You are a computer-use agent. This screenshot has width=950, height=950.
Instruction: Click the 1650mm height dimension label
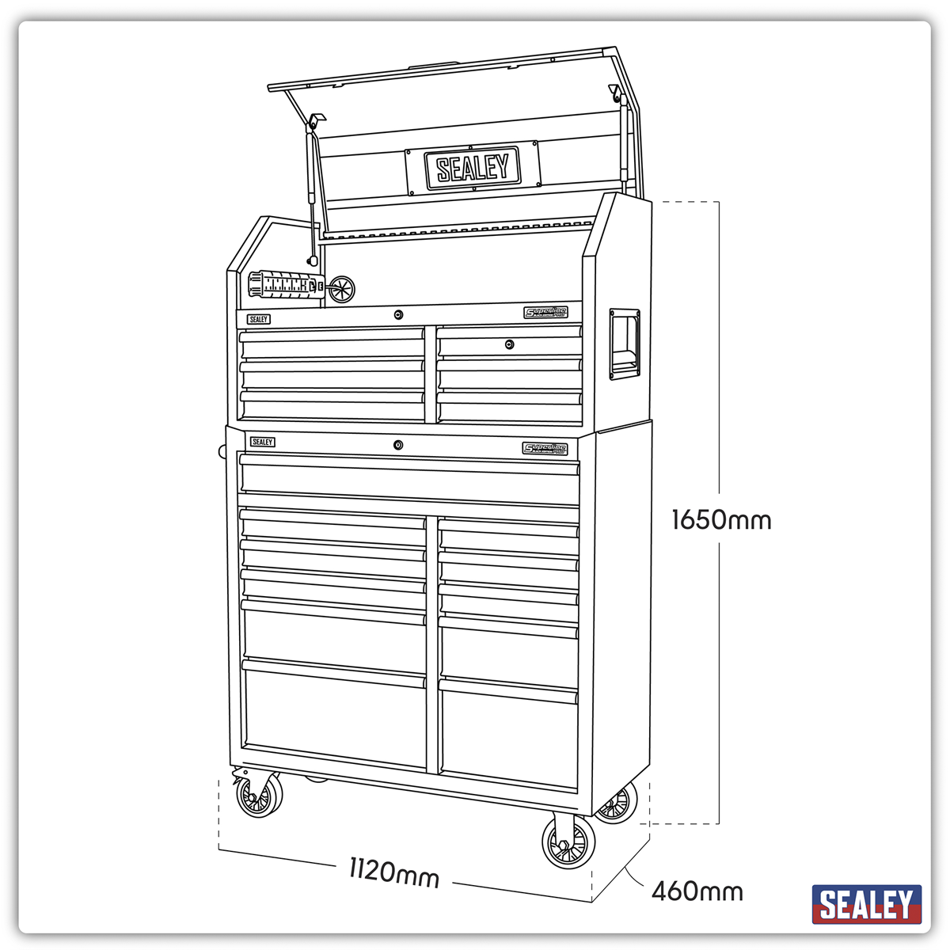720,520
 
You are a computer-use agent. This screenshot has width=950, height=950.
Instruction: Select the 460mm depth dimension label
697,891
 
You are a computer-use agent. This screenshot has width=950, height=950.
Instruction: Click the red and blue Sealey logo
867,904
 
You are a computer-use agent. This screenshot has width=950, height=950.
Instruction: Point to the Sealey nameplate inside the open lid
473,168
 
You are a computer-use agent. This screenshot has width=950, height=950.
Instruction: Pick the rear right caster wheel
616,805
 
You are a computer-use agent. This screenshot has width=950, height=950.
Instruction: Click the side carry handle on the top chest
622,344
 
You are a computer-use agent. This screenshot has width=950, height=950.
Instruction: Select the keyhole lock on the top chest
398,315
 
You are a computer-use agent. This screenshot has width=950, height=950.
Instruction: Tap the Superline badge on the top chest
545,313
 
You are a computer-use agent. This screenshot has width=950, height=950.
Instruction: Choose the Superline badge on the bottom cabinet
545,449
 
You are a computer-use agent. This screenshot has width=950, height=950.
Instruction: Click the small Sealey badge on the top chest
258,319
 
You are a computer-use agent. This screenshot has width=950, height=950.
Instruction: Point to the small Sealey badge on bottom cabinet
262,442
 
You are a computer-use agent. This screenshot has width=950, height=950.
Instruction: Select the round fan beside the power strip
342,289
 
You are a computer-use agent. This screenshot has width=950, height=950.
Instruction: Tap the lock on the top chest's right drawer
510,344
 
